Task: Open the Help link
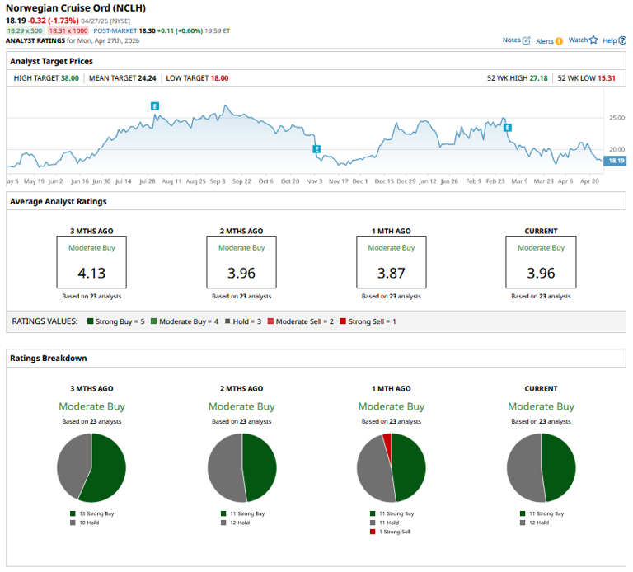609,40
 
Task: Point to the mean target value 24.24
144,77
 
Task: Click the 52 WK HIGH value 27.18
537,77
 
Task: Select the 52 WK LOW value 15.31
607,77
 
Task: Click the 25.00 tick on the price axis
617,118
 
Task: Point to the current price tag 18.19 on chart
616,161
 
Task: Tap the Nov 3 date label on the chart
314,181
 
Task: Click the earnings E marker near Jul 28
154,105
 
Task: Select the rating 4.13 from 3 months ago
91,273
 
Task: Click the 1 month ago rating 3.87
391,273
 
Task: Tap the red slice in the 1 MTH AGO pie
387,442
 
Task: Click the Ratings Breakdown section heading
48,358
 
